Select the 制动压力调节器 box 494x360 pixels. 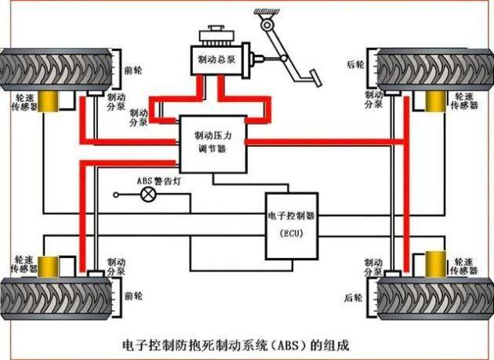(x=212, y=143)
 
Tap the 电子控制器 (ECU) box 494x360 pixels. (x=291, y=225)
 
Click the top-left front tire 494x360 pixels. (x=56, y=69)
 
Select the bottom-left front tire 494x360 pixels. (x=57, y=296)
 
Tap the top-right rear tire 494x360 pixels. (x=436, y=69)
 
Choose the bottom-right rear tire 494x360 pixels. (x=436, y=296)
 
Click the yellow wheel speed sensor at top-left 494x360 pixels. (x=54, y=102)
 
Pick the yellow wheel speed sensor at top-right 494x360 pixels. (x=434, y=102)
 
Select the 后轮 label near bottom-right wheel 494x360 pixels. (x=353, y=297)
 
